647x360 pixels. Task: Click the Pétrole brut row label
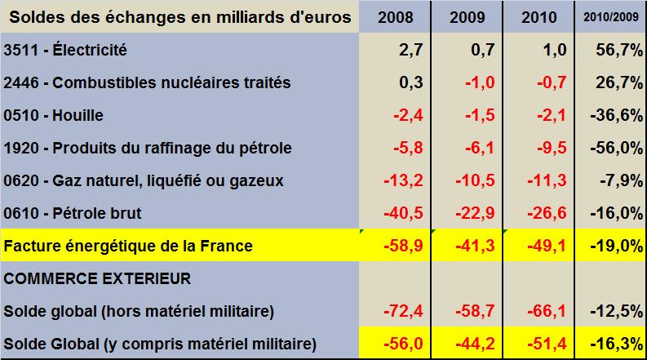coord(73,213)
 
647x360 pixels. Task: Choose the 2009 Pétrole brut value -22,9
coord(476,213)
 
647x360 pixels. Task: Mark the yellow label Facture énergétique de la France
coord(128,245)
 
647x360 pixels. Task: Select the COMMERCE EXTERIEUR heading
coord(98,278)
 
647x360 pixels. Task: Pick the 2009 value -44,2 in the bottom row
coord(476,343)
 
